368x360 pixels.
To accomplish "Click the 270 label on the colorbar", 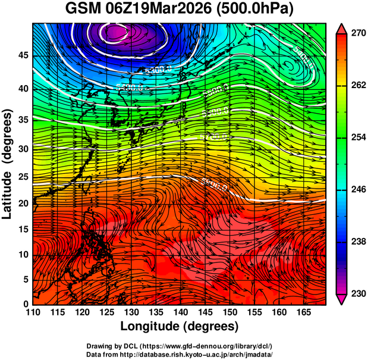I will pos(358,33).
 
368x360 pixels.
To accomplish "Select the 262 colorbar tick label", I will pos(358,86).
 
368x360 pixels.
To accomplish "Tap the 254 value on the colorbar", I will pos(358,137).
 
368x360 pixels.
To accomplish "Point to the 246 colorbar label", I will pos(358,189).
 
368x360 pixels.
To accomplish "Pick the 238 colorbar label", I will pos(358,242).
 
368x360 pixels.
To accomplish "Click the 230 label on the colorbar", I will pos(358,293).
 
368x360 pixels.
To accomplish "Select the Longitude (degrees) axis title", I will pos(180,326).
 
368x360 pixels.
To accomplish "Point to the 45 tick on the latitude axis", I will pos(22,55).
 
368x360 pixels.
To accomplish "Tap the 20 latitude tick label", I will pos(22,203).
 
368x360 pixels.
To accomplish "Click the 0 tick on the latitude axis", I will pos(25,304).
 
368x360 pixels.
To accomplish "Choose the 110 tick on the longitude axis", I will pos(33,312).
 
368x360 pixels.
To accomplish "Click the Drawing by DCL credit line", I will pos(180,346).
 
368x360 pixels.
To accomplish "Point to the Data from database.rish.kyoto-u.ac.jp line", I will pos(180,353).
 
